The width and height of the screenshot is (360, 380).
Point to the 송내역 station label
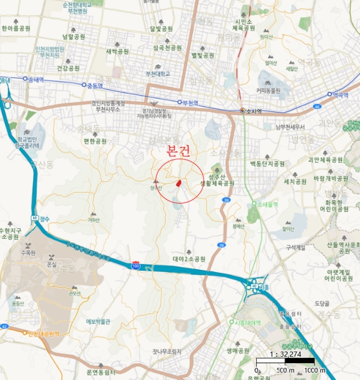pyautogui.click(x=36, y=79)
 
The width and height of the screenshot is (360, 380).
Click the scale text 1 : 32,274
pyautogui.click(x=285, y=354)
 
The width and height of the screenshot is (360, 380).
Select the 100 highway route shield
pyautogui.click(x=135, y=265)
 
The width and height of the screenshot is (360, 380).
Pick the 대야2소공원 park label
pyautogui.click(x=189, y=259)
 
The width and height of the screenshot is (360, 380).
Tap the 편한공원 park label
pyautogui.click(x=96, y=141)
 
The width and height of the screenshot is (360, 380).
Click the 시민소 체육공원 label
pyautogui.click(x=242, y=24)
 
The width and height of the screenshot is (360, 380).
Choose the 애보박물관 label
pyautogui.click(x=98, y=321)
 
